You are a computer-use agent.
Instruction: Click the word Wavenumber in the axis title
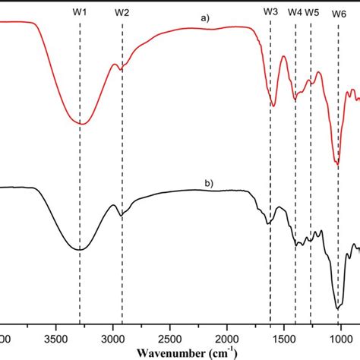tap(172, 352)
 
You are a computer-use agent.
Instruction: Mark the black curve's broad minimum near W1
tap(79, 249)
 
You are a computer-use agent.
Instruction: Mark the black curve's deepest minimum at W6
tap(338, 308)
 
